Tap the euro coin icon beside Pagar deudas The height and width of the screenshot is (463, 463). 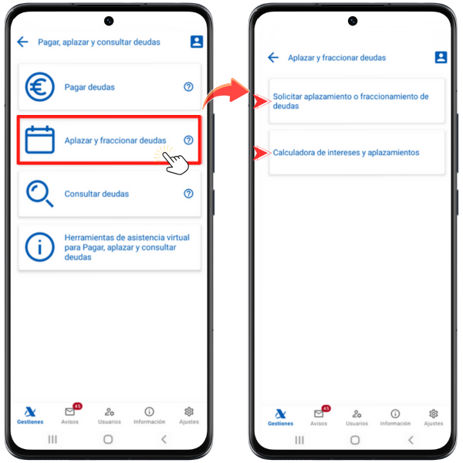39,86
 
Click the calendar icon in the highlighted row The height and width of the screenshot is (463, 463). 39,140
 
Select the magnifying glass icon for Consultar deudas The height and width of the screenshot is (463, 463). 39,194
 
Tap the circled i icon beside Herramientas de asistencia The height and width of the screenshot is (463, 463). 39,247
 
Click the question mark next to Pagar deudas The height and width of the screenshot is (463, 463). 188,86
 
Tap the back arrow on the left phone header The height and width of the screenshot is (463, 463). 22,42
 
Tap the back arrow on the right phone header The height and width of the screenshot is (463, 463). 273,57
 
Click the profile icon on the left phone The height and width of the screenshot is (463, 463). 197,42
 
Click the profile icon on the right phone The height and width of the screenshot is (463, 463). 441,57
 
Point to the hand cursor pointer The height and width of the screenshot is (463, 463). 176,163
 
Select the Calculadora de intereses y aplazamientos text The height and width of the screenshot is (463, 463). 346,153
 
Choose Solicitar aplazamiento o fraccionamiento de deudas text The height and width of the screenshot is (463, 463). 350,101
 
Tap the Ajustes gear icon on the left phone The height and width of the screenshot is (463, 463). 189,411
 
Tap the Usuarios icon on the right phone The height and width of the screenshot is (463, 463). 357,414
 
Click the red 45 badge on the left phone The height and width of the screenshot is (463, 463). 77,407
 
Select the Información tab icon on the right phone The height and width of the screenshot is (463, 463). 395,414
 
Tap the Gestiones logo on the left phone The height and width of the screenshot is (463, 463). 30,411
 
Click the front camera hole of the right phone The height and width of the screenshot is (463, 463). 353,21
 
